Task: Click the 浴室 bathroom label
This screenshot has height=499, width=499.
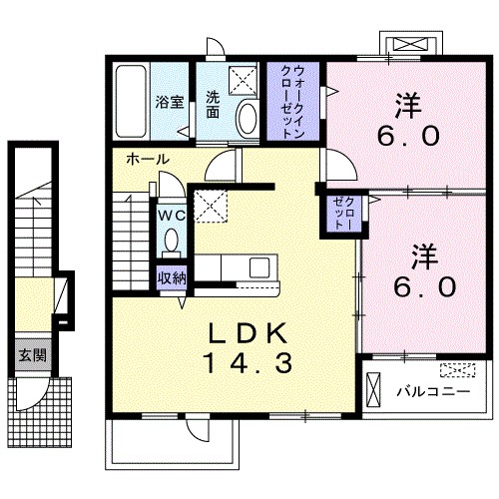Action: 170,102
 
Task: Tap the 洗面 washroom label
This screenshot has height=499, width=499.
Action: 213,105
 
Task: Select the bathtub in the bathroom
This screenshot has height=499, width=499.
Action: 132,101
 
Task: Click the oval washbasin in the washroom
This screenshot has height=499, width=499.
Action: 247,119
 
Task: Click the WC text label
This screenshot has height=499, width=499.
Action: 171,217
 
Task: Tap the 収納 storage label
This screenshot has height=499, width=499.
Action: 172,277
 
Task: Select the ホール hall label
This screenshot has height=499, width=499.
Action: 148,160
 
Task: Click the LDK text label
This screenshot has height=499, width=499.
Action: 248,333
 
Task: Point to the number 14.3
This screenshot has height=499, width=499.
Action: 249,363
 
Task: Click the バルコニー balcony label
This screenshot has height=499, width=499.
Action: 433,391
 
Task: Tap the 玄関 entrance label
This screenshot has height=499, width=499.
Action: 32,355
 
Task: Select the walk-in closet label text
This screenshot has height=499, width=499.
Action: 292,102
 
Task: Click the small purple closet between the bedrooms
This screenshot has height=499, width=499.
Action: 343,214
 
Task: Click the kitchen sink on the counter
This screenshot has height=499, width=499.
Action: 259,268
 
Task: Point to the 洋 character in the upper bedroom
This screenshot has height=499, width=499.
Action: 408,106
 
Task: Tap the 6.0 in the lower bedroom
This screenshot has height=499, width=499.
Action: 424,287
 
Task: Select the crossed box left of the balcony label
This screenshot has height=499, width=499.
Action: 372,389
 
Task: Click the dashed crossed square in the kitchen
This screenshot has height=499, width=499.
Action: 211,206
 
